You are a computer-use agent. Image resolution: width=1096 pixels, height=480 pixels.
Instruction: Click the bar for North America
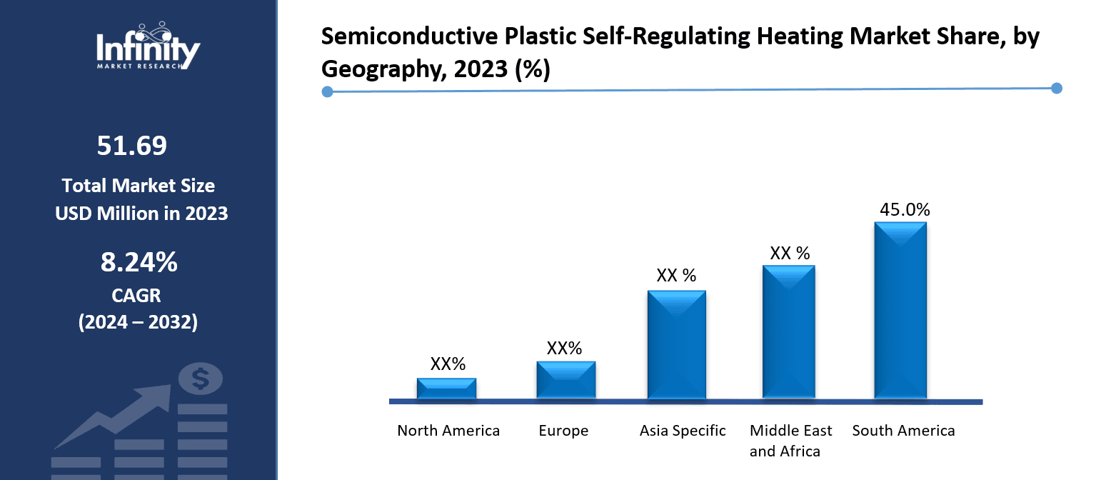(446, 388)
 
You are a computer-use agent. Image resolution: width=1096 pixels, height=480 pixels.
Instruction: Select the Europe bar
(565, 379)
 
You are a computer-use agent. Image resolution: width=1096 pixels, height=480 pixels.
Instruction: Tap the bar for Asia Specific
(676, 344)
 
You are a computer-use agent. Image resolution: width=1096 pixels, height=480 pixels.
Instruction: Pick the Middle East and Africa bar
(788, 331)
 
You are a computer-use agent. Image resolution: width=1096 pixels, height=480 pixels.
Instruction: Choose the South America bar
(900, 310)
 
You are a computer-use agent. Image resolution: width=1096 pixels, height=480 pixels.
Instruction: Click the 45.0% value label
(904, 209)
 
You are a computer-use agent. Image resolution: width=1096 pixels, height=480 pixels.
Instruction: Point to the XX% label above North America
(448, 364)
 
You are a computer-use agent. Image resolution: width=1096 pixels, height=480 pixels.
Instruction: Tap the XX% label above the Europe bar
(564, 349)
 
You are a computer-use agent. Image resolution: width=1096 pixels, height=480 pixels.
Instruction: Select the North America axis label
(448, 431)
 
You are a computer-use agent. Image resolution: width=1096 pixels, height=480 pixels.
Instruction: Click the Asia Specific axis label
(683, 431)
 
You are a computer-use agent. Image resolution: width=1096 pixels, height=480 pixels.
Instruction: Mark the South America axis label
(903, 431)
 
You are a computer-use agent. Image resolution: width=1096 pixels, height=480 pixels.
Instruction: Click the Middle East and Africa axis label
(790, 441)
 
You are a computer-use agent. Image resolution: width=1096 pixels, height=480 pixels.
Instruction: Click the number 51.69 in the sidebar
(132, 146)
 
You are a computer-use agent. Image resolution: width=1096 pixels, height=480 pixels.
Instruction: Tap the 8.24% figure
(139, 263)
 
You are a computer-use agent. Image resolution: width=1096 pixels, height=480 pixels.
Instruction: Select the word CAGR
(136, 295)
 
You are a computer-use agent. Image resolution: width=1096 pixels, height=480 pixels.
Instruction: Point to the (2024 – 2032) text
(137, 322)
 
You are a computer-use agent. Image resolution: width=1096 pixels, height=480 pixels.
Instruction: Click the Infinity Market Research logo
(148, 46)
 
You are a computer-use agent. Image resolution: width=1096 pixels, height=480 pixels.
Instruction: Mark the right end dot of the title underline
(1057, 89)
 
